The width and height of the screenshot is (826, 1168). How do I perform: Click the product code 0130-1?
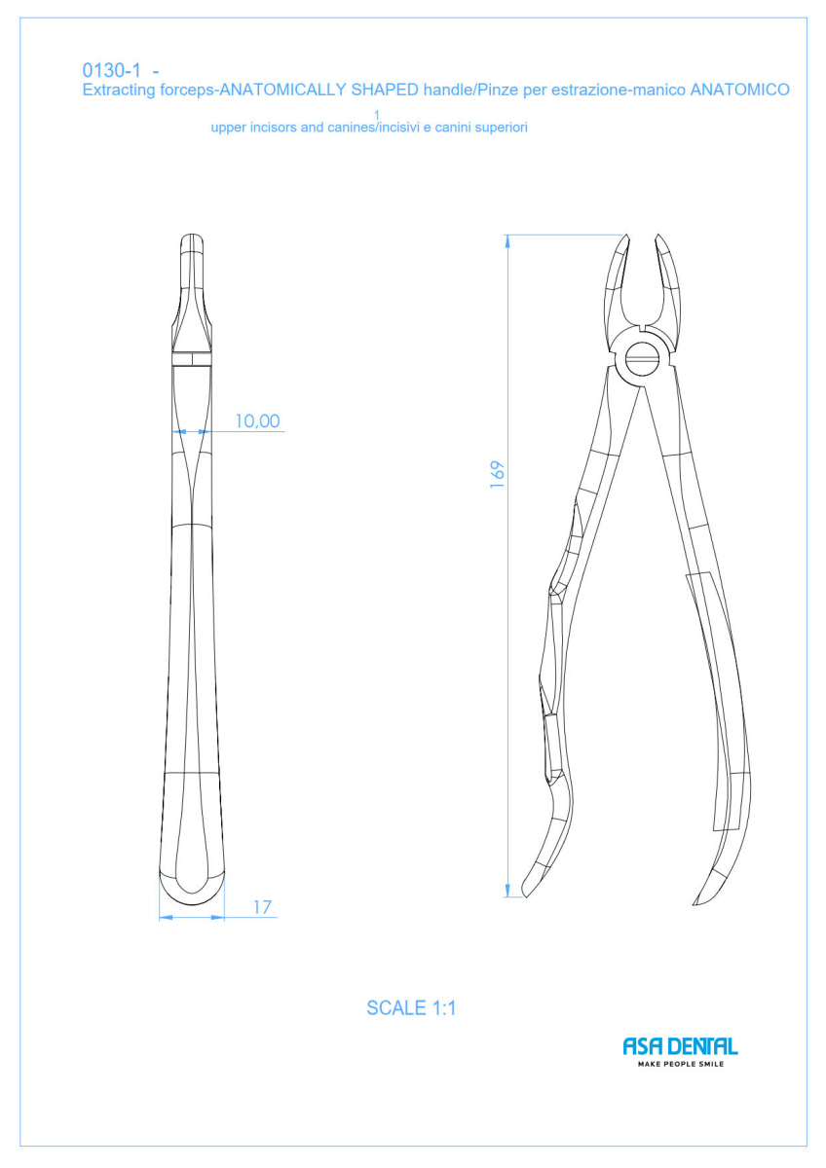(112, 70)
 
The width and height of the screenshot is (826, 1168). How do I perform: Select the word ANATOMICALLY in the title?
(282, 90)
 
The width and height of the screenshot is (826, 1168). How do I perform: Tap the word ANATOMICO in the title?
(739, 90)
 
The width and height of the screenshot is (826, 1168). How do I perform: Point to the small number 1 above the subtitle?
(377, 115)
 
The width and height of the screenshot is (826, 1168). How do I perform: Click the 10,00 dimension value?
(257, 420)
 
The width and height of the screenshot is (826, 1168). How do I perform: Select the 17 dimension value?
(262, 907)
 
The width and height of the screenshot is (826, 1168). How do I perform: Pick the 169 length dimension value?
(498, 475)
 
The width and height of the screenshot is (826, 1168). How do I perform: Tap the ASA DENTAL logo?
(681, 1046)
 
